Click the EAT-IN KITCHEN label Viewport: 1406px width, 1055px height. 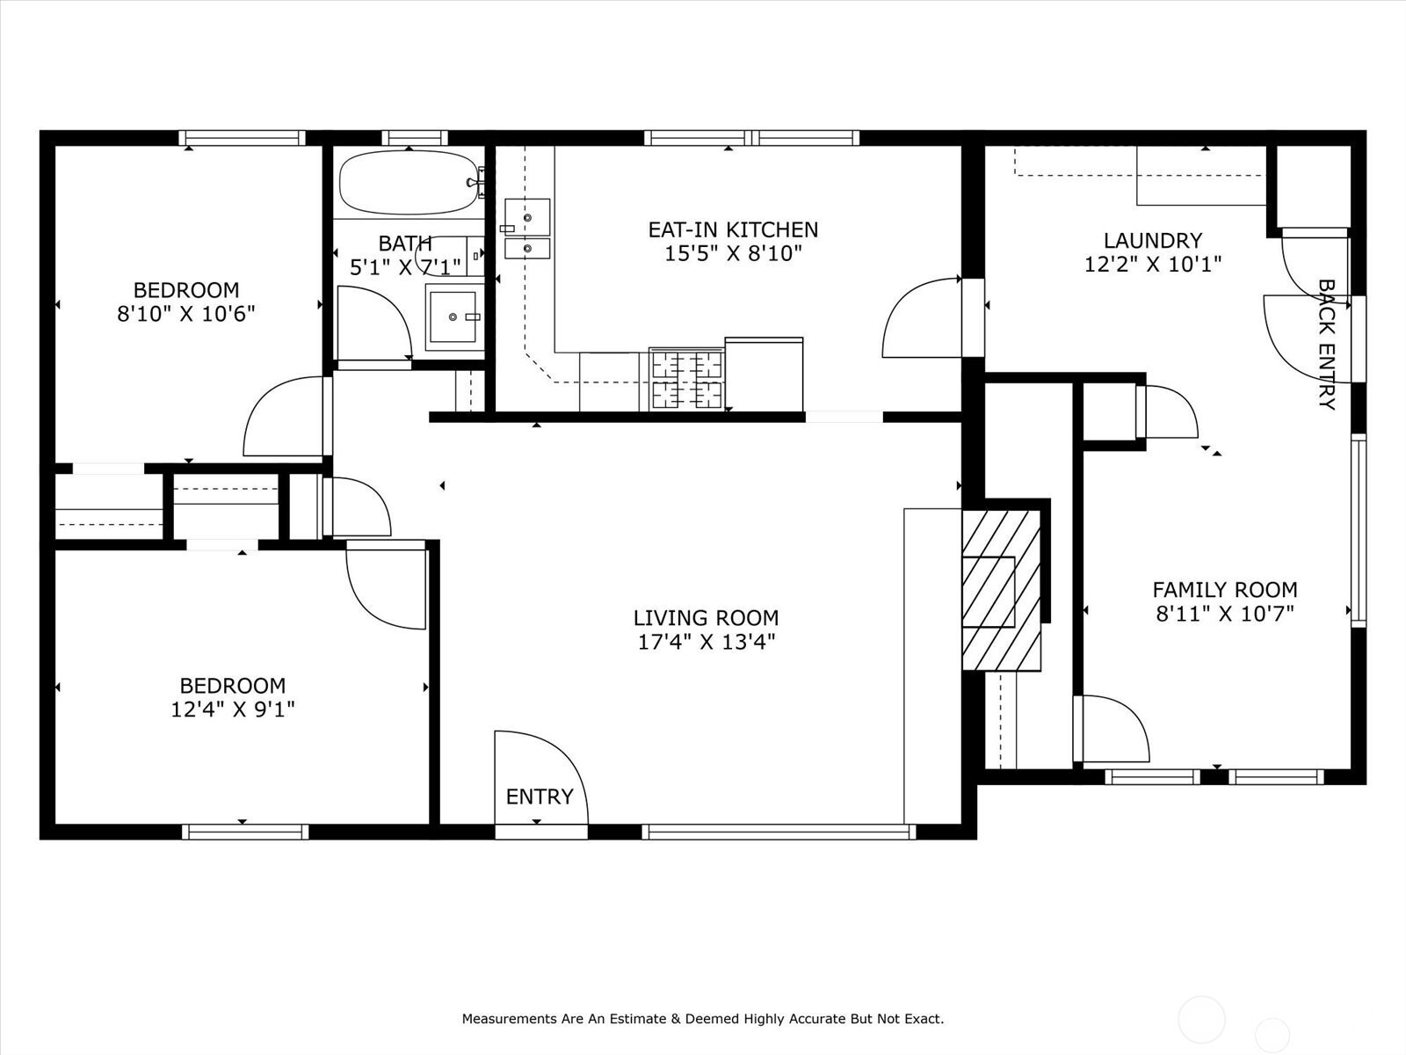coord(733,229)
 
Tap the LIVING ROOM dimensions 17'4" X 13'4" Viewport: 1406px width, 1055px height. coord(707,642)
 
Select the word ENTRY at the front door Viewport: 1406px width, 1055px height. coord(540,797)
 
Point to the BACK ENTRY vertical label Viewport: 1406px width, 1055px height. coord(1327,345)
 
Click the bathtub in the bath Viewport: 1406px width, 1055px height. coord(409,183)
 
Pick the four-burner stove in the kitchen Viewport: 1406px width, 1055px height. coord(686,379)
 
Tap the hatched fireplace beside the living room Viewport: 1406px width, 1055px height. coord(1001,590)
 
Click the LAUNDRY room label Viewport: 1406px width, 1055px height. coord(1153,240)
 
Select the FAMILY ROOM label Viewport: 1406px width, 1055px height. coord(1225,589)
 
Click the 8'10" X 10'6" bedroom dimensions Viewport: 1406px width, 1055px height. coord(186,314)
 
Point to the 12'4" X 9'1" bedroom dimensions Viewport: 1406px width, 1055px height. coord(233,709)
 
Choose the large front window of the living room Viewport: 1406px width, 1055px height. coord(779,832)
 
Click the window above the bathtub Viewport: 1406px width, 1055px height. coord(415,138)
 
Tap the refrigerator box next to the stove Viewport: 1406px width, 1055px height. coord(764,375)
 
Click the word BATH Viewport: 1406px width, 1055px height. coord(405,244)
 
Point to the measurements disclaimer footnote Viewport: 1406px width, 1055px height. coord(703,1018)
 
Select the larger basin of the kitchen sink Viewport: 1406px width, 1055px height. coord(527,217)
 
